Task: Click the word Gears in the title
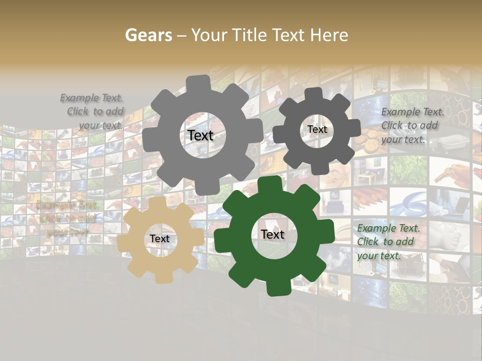[149, 35]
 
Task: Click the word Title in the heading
[249, 35]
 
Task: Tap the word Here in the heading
[329, 35]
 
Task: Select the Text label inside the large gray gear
[200, 135]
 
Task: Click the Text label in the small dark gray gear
[317, 129]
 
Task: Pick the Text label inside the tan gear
[160, 239]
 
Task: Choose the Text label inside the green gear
[273, 235]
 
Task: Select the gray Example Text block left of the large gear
[93, 112]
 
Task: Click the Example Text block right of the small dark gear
[412, 126]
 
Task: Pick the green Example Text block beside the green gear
[388, 242]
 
